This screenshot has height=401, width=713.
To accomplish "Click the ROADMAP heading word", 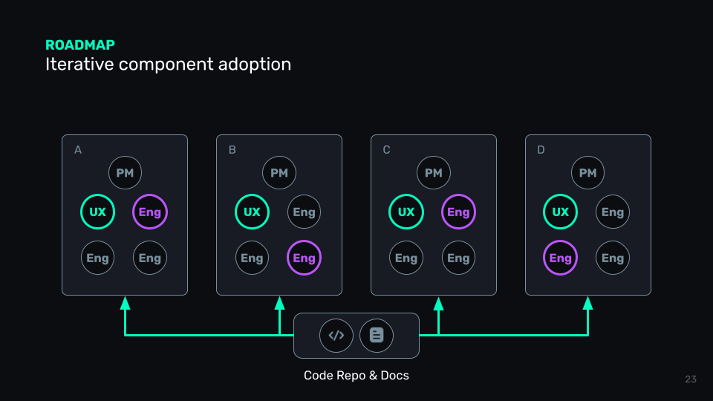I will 80,45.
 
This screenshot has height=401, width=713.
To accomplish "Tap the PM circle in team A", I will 125,173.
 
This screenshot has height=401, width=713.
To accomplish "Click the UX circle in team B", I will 252,212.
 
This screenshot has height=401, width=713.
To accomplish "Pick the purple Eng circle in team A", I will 150,212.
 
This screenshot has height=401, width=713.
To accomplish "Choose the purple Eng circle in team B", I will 304,258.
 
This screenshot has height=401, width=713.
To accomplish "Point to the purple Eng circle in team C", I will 458,212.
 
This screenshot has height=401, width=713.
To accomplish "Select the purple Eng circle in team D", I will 560,258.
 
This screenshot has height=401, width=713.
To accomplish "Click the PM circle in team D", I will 587,173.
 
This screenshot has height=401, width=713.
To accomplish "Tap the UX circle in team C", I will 406,212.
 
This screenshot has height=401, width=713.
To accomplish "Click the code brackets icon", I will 336,335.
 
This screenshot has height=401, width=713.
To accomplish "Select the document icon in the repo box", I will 377,335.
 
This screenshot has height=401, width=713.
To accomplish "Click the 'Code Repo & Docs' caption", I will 356,376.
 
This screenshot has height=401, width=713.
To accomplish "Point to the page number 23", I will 691,379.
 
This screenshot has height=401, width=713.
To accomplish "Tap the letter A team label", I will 78,150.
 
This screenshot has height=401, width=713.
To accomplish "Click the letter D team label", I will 541,150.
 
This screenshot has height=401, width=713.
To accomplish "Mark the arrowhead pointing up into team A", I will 125,303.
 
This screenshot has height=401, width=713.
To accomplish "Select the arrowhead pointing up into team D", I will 587,303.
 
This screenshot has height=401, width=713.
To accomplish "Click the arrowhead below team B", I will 279,303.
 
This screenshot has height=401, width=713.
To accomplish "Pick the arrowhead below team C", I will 438,303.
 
